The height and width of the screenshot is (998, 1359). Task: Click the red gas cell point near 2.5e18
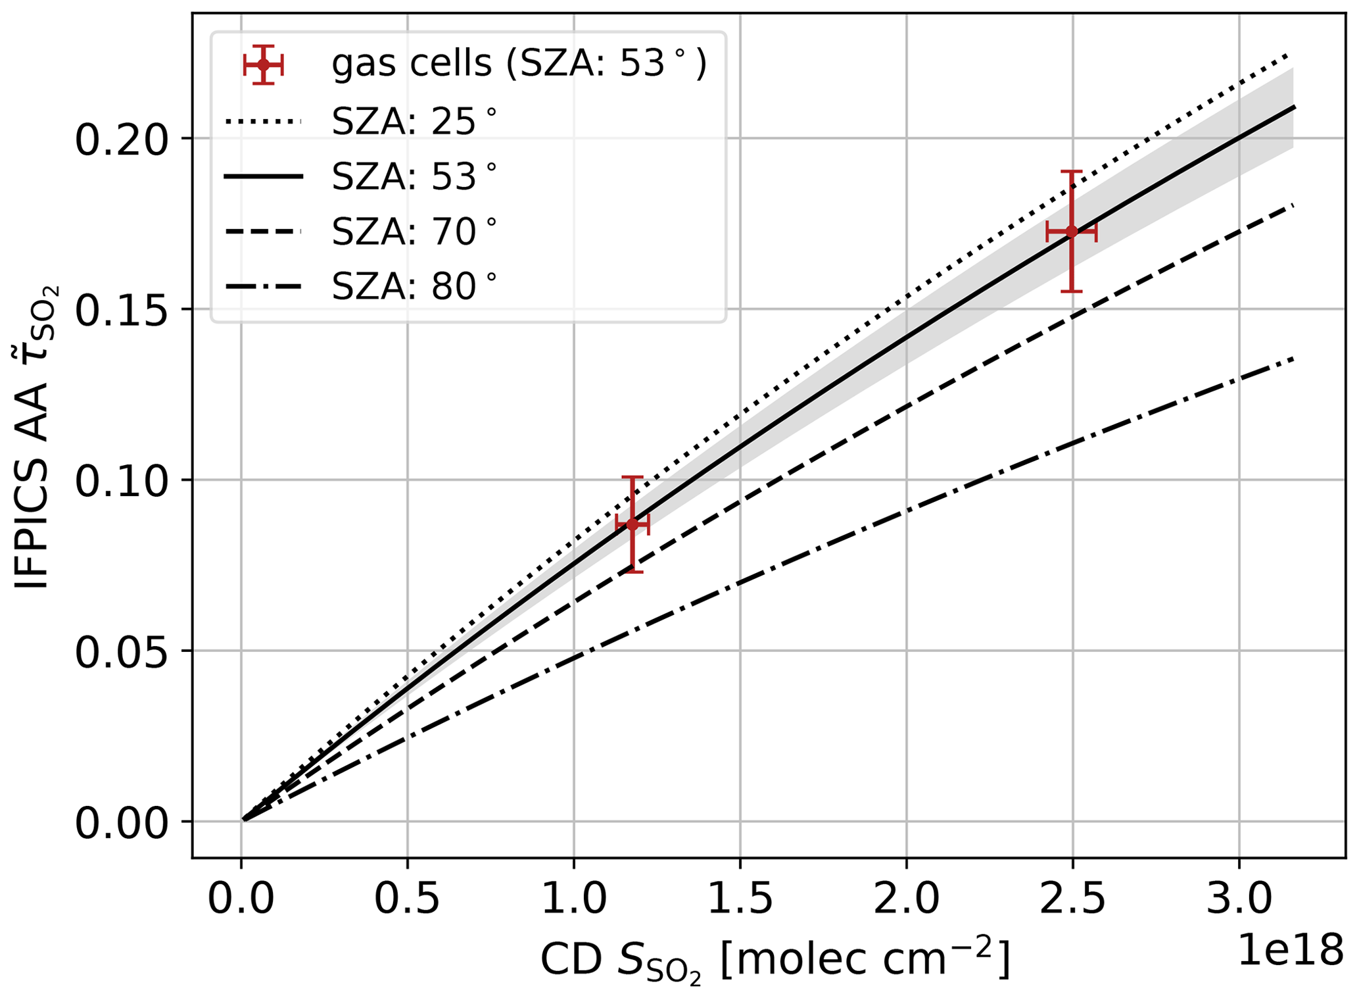[x=1072, y=231]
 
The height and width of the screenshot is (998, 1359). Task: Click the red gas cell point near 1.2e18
[x=632, y=524]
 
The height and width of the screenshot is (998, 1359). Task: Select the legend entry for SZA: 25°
[x=360, y=121]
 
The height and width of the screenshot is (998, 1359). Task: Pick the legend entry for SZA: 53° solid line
[x=360, y=176]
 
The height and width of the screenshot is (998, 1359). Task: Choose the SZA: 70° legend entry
[x=360, y=232]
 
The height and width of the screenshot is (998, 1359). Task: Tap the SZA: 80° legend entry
[x=360, y=287]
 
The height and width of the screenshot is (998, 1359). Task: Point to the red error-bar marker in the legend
[x=264, y=64]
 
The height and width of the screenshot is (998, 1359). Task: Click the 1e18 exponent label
[x=1291, y=950]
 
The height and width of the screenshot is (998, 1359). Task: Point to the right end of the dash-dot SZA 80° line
[x=1293, y=358]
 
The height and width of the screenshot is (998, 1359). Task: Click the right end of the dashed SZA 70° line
[x=1293, y=205]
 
